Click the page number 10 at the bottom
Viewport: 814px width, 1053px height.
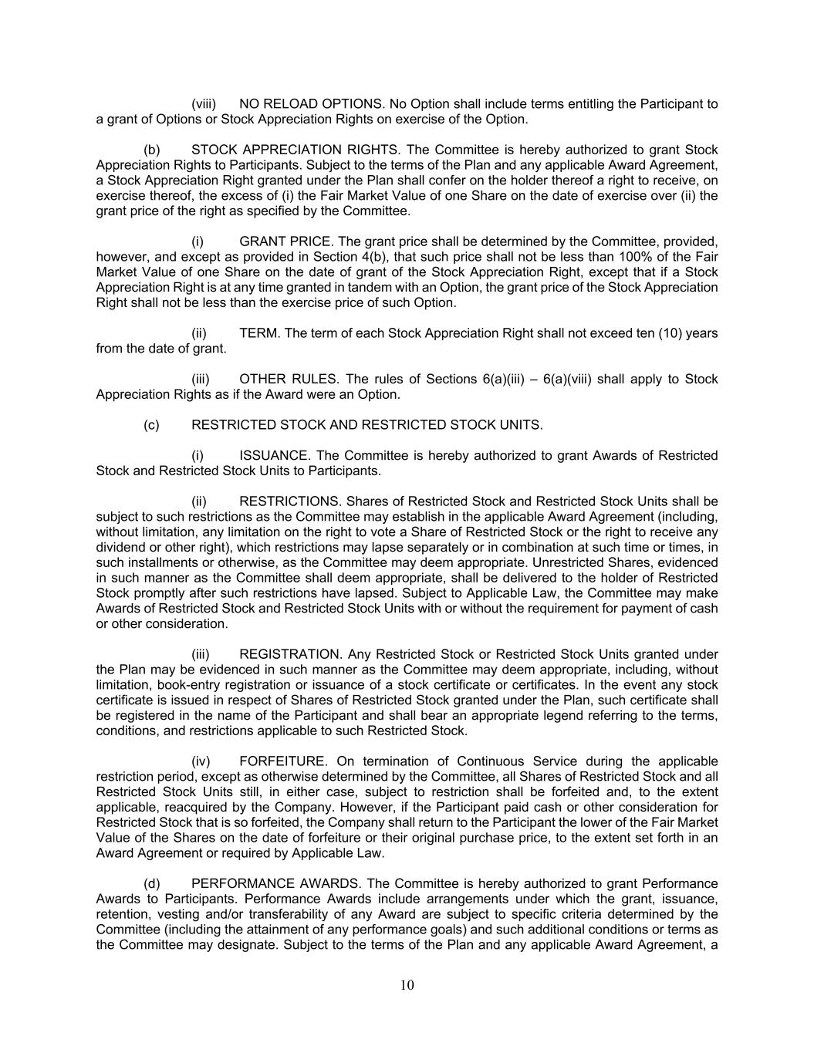pyautogui.click(x=407, y=985)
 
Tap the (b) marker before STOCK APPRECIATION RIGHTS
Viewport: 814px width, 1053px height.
pyautogui.click(x=152, y=150)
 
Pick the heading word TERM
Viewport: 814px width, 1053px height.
pyautogui.click(x=258, y=333)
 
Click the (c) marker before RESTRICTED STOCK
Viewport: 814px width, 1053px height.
pyautogui.click(x=152, y=425)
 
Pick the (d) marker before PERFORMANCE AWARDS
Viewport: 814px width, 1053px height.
pyautogui.click(x=152, y=884)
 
